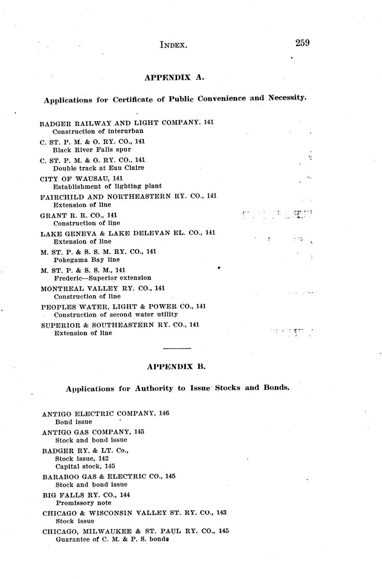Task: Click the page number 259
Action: (x=302, y=43)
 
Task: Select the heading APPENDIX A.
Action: (x=174, y=77)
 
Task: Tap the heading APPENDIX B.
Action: (x=176, y=366)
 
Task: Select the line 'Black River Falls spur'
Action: (x=92, y=149)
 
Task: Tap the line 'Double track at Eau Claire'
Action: (x=98, y=168)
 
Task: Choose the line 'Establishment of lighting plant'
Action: (x=107, y=186)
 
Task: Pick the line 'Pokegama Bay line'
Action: (x=86, y=260)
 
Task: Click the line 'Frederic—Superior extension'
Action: (x=102, y=278)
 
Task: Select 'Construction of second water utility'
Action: (x=116, y=314)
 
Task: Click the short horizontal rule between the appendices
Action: (x=177, y=348)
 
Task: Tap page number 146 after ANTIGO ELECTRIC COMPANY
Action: (x=164, y=413)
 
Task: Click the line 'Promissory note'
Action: (x=83, y=503)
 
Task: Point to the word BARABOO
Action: (x=59, y=477)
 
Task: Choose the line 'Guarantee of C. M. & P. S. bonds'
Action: (x=112, y=539)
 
